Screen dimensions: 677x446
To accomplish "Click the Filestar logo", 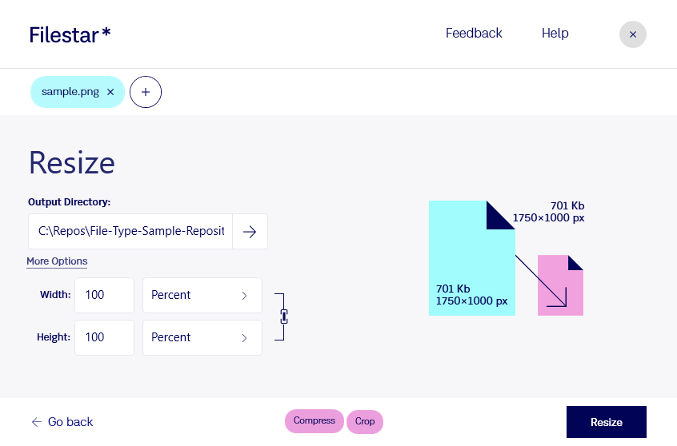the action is pos(70,35).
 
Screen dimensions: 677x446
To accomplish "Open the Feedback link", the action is pos(474,34).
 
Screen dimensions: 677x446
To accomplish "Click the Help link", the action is pos(555,34).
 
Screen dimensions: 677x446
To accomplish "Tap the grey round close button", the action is pos(632,34).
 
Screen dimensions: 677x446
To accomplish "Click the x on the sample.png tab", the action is pos(110,92).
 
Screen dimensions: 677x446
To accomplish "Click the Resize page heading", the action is pos(72,163).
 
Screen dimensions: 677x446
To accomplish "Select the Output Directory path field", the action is pos(130,231).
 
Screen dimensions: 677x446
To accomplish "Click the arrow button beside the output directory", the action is pos(250,232).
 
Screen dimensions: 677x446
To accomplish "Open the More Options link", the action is pos(57,261).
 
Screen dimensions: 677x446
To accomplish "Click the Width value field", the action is pos(105,295).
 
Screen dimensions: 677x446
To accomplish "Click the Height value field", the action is pos(105,337).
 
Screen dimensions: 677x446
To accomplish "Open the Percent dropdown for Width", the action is pos(202,295).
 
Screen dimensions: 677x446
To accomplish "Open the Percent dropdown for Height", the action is pos(202,337).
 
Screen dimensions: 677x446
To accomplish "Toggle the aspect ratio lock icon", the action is pos(283,317).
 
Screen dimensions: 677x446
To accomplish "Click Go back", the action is pos(62,422).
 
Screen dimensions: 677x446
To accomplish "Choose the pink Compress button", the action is pos(314,421).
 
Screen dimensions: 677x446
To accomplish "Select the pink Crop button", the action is pos(365,421).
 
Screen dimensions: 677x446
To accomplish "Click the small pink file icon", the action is pos(560,285).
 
